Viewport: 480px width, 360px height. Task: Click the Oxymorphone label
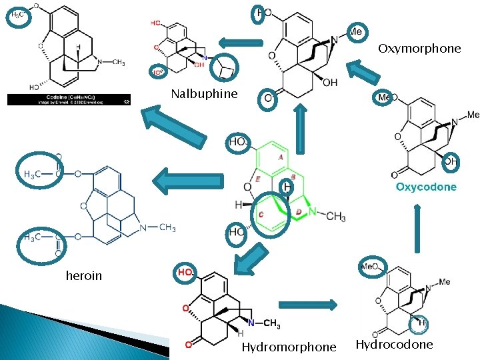(419, 49)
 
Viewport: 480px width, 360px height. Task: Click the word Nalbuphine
(204, 93)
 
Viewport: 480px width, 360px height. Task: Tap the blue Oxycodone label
(426, 187)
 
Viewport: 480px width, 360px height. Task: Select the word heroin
(84, 275)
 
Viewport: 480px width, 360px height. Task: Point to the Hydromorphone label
(289, 347)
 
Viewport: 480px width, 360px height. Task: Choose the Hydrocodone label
(394, 345)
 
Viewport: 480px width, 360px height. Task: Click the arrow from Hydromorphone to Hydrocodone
(307, 305)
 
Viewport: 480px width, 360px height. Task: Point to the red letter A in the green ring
(281, 157)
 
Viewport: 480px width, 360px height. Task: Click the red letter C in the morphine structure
(261, 214)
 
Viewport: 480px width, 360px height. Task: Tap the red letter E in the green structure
(257, 179)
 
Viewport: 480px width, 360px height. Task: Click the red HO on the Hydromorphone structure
(185, 272)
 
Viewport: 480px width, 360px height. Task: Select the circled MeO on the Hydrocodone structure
(369, 267)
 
